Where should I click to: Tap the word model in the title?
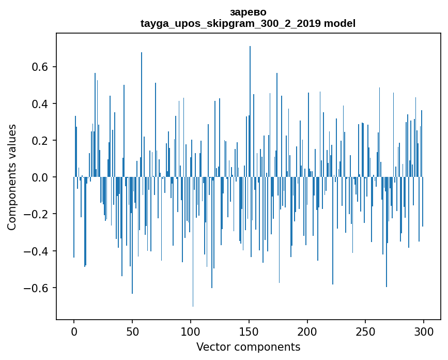pos(339,23)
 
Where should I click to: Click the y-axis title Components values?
pos(12,177)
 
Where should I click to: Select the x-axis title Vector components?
pos(248,347)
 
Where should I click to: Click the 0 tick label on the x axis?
pos(74,332)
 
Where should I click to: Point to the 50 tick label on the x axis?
pos(132,332)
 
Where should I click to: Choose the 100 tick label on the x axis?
pos(191,332)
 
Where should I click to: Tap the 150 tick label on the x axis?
pos(249,332)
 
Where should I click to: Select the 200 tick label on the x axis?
pos(307,332)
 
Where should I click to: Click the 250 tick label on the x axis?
pos(366,332)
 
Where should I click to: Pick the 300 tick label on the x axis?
pos(424,332)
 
